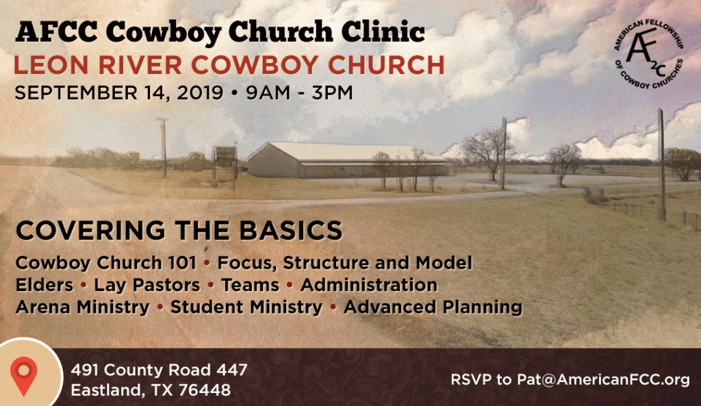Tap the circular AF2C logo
648,53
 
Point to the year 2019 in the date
200,92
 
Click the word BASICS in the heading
291,231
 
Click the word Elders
44,285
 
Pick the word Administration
369,285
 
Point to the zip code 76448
205,390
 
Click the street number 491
85,370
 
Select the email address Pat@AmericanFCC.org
603,379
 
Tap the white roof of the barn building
344,152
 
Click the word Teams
250,285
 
